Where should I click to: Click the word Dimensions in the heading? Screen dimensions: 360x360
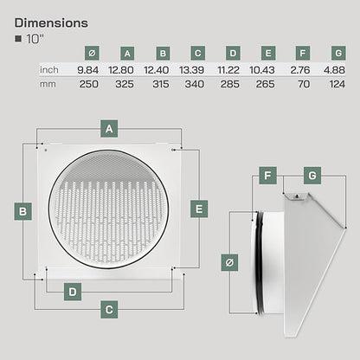tap(51, 23)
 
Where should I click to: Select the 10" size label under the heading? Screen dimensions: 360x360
tap(35, 39)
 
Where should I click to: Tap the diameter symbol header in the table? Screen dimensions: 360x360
tap(92, 53)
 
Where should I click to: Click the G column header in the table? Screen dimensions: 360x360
tap(338, 53)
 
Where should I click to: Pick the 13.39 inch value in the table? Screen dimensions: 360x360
tap(191, 70)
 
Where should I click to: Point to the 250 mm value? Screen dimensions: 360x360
tap(89, 84)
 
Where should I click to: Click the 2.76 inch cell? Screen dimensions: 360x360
tap(300, 70)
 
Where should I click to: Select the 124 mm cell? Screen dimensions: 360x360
tap(337, 84)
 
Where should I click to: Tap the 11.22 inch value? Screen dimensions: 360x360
tap(228, 70)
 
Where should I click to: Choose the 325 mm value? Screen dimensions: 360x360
tap(125, 84)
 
